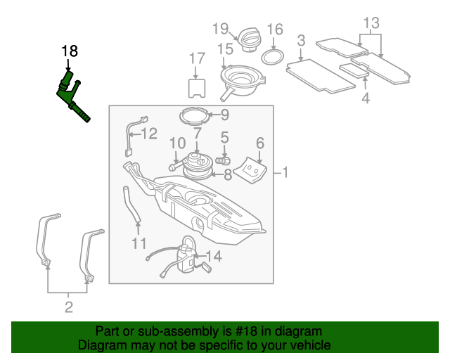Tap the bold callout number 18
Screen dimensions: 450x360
[x=70, y=51]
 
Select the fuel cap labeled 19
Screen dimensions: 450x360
[x=249, y=40]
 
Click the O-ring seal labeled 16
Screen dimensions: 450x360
[x=273, y=57]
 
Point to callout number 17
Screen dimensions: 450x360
[x=197, y=58]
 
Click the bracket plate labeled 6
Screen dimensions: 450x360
[x=251, y=170]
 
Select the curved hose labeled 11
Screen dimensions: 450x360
[x=131, y=205]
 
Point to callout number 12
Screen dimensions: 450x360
[x=149, y=134]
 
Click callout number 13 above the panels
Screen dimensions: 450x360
[x=371, y=23]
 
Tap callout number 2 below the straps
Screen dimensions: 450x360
[x=69, y=307]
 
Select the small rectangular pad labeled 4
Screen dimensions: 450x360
[x=354, y=71]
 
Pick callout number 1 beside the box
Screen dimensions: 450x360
[x=285, y=173]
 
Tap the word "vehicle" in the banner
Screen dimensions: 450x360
[x=312, y=345]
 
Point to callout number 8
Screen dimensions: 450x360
[x=228, y=174]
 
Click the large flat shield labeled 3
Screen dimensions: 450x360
[x=321, y=76]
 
